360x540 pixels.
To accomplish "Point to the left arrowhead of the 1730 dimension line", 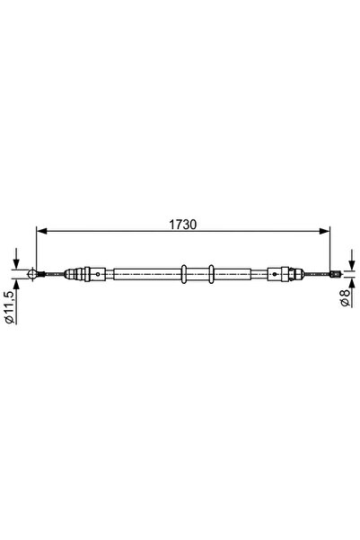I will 40,230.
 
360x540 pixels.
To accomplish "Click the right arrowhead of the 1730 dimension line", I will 328,230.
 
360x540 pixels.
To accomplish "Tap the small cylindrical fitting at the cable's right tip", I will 333,274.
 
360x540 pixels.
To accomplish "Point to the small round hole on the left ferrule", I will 93,274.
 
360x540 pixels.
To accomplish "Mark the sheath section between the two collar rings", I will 198,274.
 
